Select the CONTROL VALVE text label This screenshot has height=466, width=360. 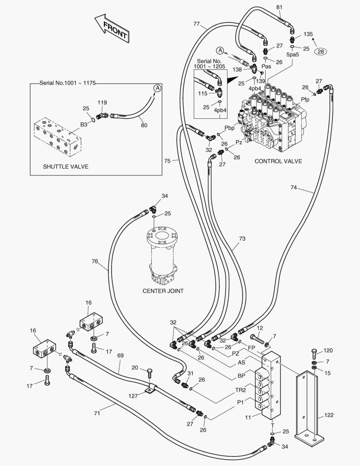pyautogui.click(x=278, y=161)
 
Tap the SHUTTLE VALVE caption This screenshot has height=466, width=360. pyautogui.click(x=66, y=166)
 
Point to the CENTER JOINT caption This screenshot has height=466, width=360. pyautogui.click(x=163, y=291)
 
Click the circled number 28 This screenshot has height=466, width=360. pyautogui.click(x=320, y=51)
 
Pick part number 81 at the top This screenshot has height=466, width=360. pyautogui.click(x=279, y=7)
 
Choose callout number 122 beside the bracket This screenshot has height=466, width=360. pyautogui.click(x=328, y=416)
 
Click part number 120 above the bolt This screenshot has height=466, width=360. pyautogui.click(x=328, y=350)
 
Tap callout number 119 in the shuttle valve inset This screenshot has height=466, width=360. pyautogui.click(x=102, y=103)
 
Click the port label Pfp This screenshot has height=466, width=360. pyautogui.click(x=305, y=100)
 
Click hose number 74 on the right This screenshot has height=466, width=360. pyautogui.click(x=294, y=187)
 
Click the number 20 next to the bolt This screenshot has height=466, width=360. pyautogui.click(x=135, y=368)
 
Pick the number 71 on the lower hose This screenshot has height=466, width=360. pyautogui.click(x=97, y=413)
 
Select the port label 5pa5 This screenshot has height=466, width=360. pyautogui.click(x=293, y=55)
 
